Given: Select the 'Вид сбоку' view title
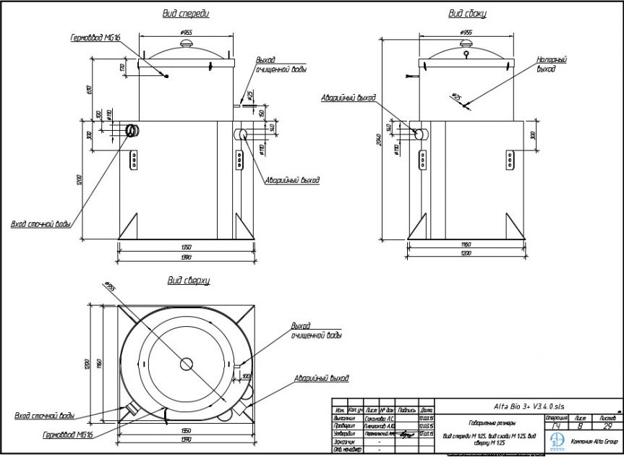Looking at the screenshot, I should (467, 13).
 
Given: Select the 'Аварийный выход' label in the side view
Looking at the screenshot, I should (350, 97).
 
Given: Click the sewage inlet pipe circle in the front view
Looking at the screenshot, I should (134, 130).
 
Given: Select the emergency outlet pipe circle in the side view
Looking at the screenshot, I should (418, 134).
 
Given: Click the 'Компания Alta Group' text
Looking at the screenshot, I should (594, 441).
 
